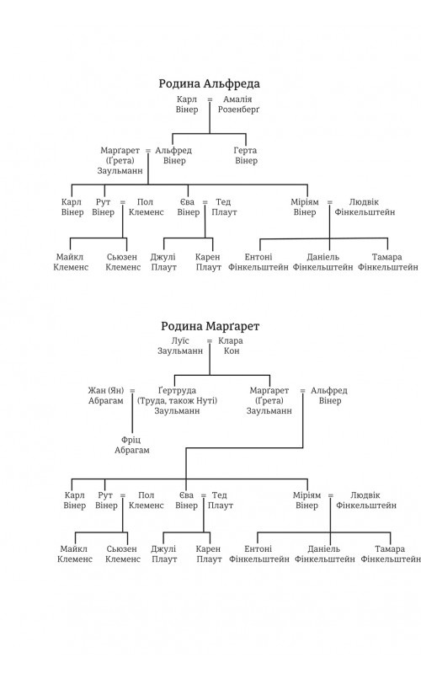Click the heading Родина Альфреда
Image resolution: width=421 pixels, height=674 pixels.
click(x=209, y=83)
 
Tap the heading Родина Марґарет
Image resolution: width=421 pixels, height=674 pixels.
click(x=210, y=326)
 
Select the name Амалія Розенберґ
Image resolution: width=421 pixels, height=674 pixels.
click(x=238, y=104)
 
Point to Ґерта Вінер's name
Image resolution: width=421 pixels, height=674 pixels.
click(x=246, y=156)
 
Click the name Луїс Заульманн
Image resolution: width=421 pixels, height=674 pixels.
click(x=180, y=346)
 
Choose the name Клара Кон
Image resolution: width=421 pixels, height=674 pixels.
click(x=231, y=346)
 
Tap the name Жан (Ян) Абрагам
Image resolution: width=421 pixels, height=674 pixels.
click(x=106, y=395)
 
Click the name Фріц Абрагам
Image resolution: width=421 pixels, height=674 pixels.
click(x=132, y=445)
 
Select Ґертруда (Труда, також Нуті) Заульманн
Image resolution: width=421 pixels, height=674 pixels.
click(x=177, y=401)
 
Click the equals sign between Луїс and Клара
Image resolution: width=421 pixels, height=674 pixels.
click(x=210, y=341)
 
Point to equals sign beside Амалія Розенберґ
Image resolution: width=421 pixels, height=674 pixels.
click(x=210, y=99)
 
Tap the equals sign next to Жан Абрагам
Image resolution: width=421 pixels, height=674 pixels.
click(x=132, y=391)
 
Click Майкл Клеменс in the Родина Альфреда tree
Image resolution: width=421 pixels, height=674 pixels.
click(x=71, y=262)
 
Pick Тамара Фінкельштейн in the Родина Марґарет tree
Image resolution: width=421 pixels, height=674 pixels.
click(x=390, y=554)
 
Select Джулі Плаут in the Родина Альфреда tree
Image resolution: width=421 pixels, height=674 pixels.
click(x=163, y=262)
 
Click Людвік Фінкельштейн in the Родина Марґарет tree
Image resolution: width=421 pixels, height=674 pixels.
click(x=366, y=500)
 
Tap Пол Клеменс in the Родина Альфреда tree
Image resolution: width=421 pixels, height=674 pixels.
click(x=146, y=206)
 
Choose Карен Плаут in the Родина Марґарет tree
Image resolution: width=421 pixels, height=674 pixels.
click(x=209, y=554)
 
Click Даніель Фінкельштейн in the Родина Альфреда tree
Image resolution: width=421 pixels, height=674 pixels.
click(x=323, y=262)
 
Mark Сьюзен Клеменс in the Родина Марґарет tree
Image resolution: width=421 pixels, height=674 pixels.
click(x=123, y=554)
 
